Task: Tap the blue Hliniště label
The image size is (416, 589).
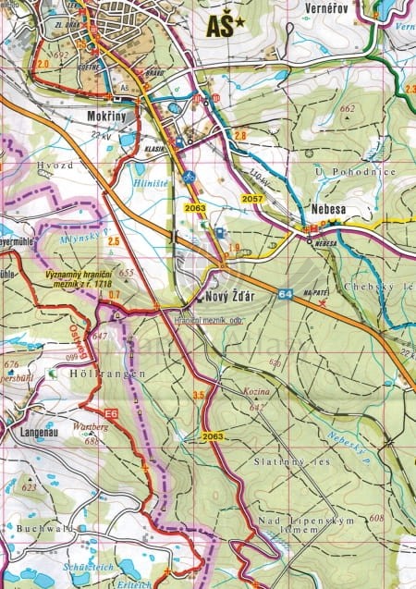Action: [x=151, y=184]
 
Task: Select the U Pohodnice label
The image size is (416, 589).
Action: [x=355, y=172]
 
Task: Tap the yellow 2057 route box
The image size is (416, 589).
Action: [x=251, y=199]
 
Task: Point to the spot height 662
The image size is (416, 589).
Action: [x=347, y=109]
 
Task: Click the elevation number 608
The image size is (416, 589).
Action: [x=374, y=518]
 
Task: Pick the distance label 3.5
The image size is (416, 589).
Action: [x=197, y=396]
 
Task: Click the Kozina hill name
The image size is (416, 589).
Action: [x=258, y=394]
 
